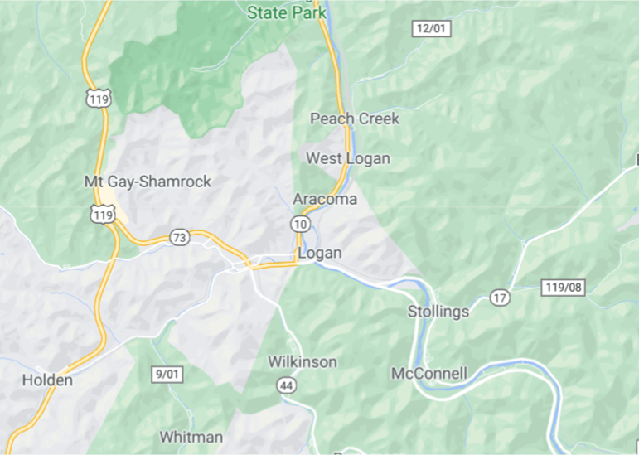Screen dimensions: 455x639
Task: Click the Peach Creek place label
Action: point(355,119)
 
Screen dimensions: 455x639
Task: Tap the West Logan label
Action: point(348,158)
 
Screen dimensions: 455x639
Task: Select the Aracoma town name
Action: point(325,199)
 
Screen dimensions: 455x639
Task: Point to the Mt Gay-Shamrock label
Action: point(148,182)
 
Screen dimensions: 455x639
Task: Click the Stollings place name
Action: point(438,312)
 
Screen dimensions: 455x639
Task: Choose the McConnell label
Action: point(429,373)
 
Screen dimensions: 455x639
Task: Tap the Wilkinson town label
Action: point(303,362)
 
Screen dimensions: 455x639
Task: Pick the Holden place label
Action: point(47,380)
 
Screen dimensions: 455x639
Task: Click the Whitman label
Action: point(191,437)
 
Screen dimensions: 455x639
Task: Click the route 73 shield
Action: point(179,238)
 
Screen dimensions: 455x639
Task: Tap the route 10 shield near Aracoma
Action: point(300,224)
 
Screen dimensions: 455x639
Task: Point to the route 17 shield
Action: point(499,298)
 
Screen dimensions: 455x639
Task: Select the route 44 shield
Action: point(287,385)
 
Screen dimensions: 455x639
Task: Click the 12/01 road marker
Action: point(431,29)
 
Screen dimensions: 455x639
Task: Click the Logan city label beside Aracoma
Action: point(319,253)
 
